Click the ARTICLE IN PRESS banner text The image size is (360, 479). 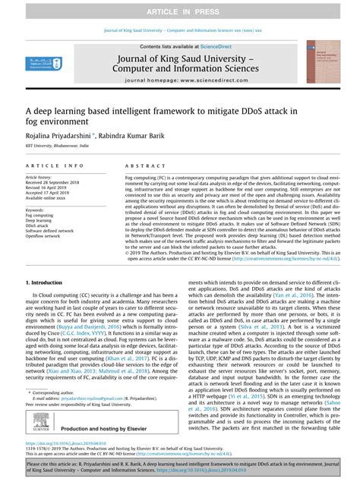[x=180, y=9]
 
